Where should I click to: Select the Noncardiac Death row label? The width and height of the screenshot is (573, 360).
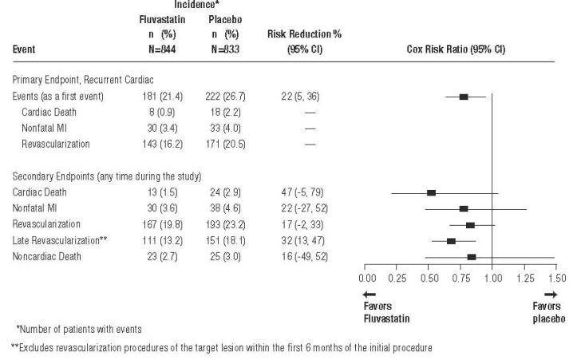click(x=45, y=255)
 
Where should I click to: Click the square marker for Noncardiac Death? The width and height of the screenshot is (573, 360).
click(x=472, y=256)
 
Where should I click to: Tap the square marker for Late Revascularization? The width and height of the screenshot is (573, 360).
click(x=451, y=240)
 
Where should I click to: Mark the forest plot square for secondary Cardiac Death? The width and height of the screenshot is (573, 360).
click(x=431, y=192)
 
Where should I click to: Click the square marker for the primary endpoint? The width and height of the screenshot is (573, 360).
click(x=464, y=97)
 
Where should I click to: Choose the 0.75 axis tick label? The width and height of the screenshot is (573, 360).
click(x=461, y=278)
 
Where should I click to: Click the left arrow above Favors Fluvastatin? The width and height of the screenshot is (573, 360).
click(x=369, y=295)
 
